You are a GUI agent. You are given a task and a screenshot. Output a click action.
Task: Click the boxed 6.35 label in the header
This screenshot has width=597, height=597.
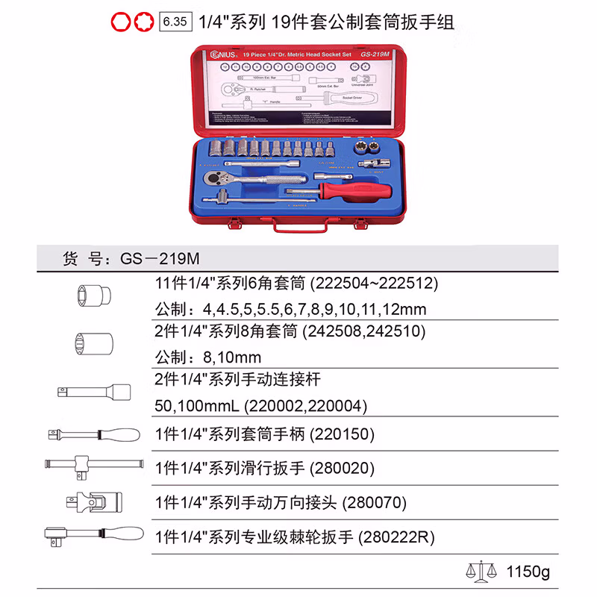point(174,22)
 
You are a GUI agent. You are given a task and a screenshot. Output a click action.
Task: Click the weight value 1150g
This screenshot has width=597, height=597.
point(526,573)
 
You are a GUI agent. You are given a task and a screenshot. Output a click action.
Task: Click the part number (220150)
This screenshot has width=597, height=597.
point(342,434)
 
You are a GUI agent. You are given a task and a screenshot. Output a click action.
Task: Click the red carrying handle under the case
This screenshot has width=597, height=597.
point(298,227)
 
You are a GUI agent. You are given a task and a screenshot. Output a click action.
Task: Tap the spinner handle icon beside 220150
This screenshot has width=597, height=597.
point(93,434)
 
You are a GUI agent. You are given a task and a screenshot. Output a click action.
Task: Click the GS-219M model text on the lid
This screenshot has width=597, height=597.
point(374,54)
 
